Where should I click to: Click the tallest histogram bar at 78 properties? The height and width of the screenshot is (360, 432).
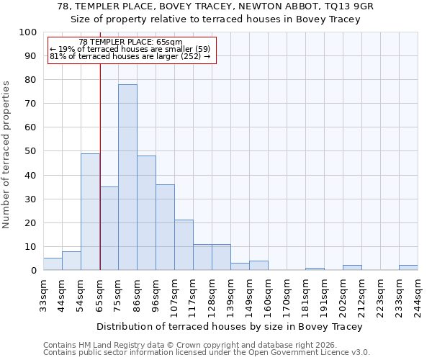coord(127,177)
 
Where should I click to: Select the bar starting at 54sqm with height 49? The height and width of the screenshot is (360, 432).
coord(90,212)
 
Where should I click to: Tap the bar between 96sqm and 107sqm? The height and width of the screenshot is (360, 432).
coord(165,227)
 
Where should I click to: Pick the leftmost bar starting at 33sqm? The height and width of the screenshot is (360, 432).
coord(53,264)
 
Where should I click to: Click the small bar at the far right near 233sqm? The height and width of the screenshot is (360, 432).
coord(408,267)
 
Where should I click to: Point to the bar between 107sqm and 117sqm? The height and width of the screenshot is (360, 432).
coord(184,245)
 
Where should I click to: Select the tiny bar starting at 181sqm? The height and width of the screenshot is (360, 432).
coord(315,269)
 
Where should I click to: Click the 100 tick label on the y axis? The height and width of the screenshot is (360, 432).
coord(28,32)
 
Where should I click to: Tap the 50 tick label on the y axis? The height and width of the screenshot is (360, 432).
coord(31,151)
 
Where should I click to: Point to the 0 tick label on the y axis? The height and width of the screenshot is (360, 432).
coord(34,270)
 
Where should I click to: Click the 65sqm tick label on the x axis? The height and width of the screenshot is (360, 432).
coord(100,294)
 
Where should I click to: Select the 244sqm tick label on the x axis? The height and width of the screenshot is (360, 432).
coord(418,294)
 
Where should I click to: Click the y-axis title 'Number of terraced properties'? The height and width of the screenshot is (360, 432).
coord(7,154)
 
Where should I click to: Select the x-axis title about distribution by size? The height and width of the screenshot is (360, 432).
coord(230,326)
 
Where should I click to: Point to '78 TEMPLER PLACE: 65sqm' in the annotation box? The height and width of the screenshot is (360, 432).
coord(130,42)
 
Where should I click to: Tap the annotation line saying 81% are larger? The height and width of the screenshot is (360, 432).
coord(130,56)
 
